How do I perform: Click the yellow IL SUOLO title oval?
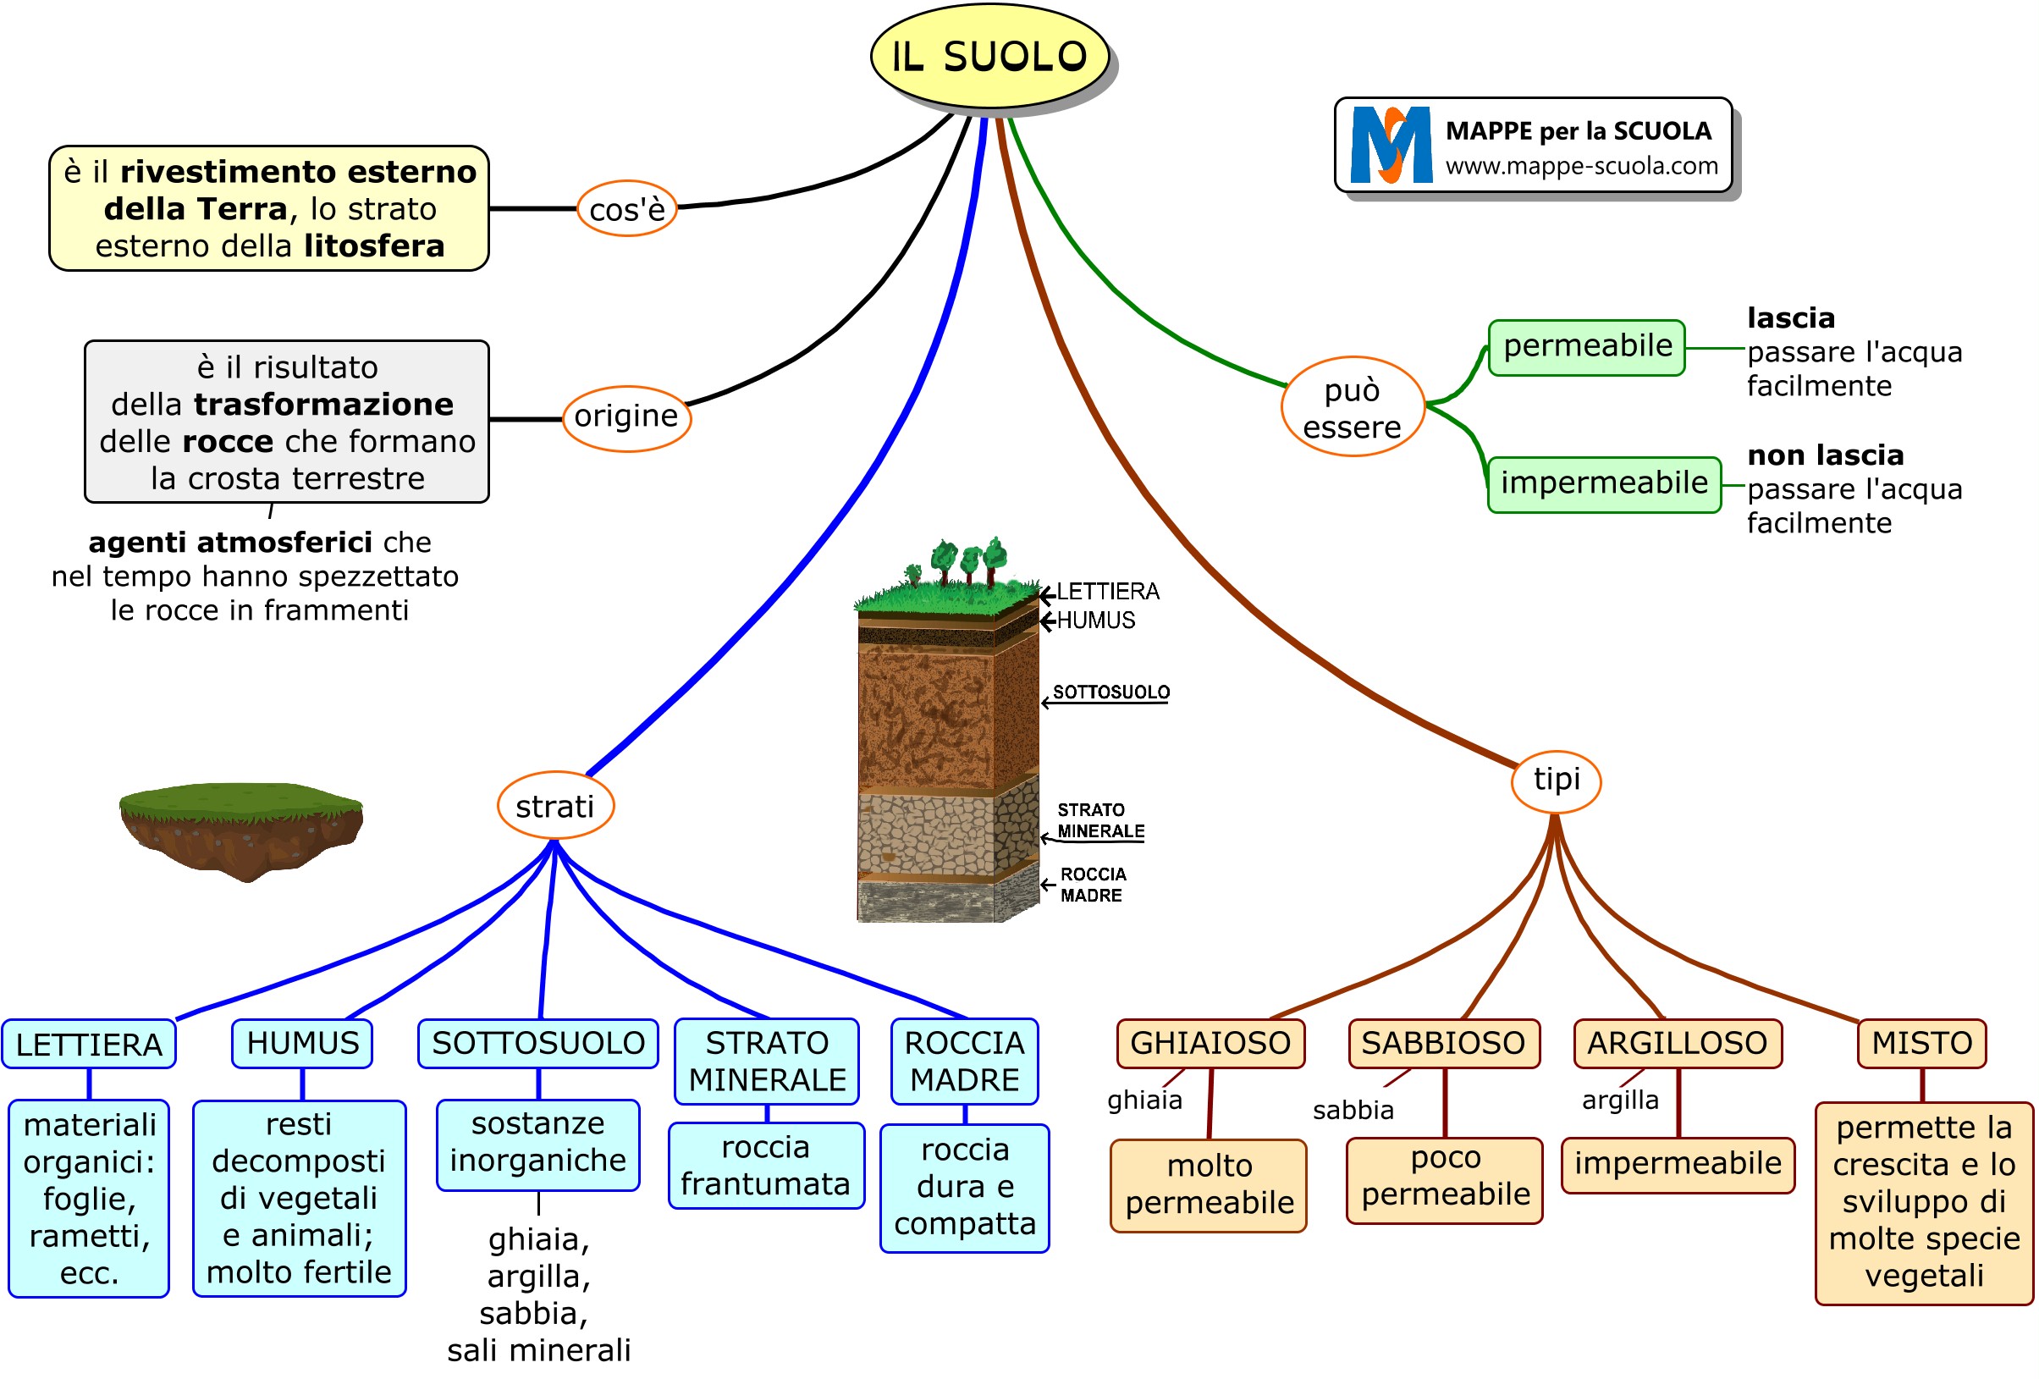coord(989,56)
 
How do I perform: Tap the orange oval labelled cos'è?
coord(626,209)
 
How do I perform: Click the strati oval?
coord(554,805)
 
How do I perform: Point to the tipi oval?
coord(1556,779)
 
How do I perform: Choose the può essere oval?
coord(1351,407)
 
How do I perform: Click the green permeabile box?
coord(1586,346)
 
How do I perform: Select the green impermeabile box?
coord(1603,483)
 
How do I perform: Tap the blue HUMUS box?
coord(302,1042)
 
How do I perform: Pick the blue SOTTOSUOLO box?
coord(537,1042)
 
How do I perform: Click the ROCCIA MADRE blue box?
coord(963,1060)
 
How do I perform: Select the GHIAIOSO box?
coord(1209,1042)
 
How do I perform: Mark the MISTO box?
coord(1921,1042)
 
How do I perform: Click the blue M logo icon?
coord(1391,145)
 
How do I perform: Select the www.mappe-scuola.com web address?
coord(1581,166)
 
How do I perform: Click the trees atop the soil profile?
coord(967,560)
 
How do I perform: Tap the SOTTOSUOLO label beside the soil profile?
coord(1110,692)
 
